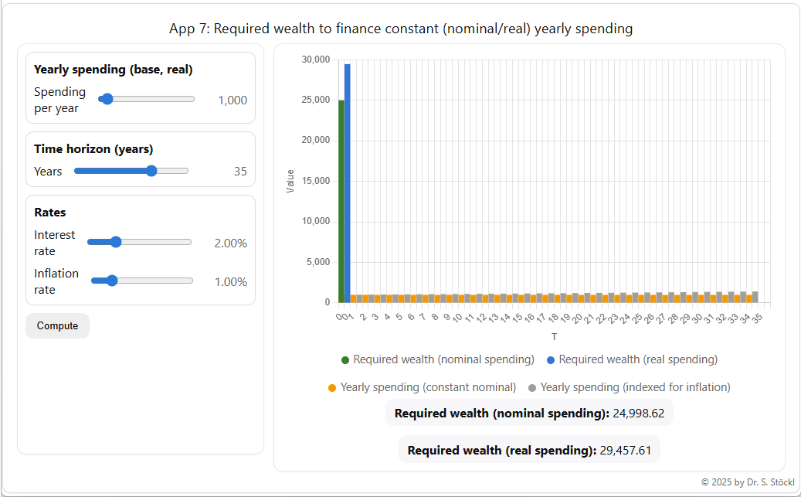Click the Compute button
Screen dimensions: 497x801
coord(57,325)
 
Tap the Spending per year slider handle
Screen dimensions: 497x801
coord(107,99)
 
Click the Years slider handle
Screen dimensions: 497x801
coord(151,171)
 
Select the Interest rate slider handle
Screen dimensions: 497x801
coord(116,242)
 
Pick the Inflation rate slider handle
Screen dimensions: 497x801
coord(111,281)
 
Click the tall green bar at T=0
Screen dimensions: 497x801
coord(341,201)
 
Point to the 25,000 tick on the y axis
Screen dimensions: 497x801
coord(316,100)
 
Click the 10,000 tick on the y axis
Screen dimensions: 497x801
coord(316,221)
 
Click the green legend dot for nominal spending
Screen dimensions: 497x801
coord(345,360)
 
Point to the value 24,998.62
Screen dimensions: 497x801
coord(638,413)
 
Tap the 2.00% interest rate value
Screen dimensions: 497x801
coord(230,243)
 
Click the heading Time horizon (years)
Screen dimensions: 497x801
coord(93,149)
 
